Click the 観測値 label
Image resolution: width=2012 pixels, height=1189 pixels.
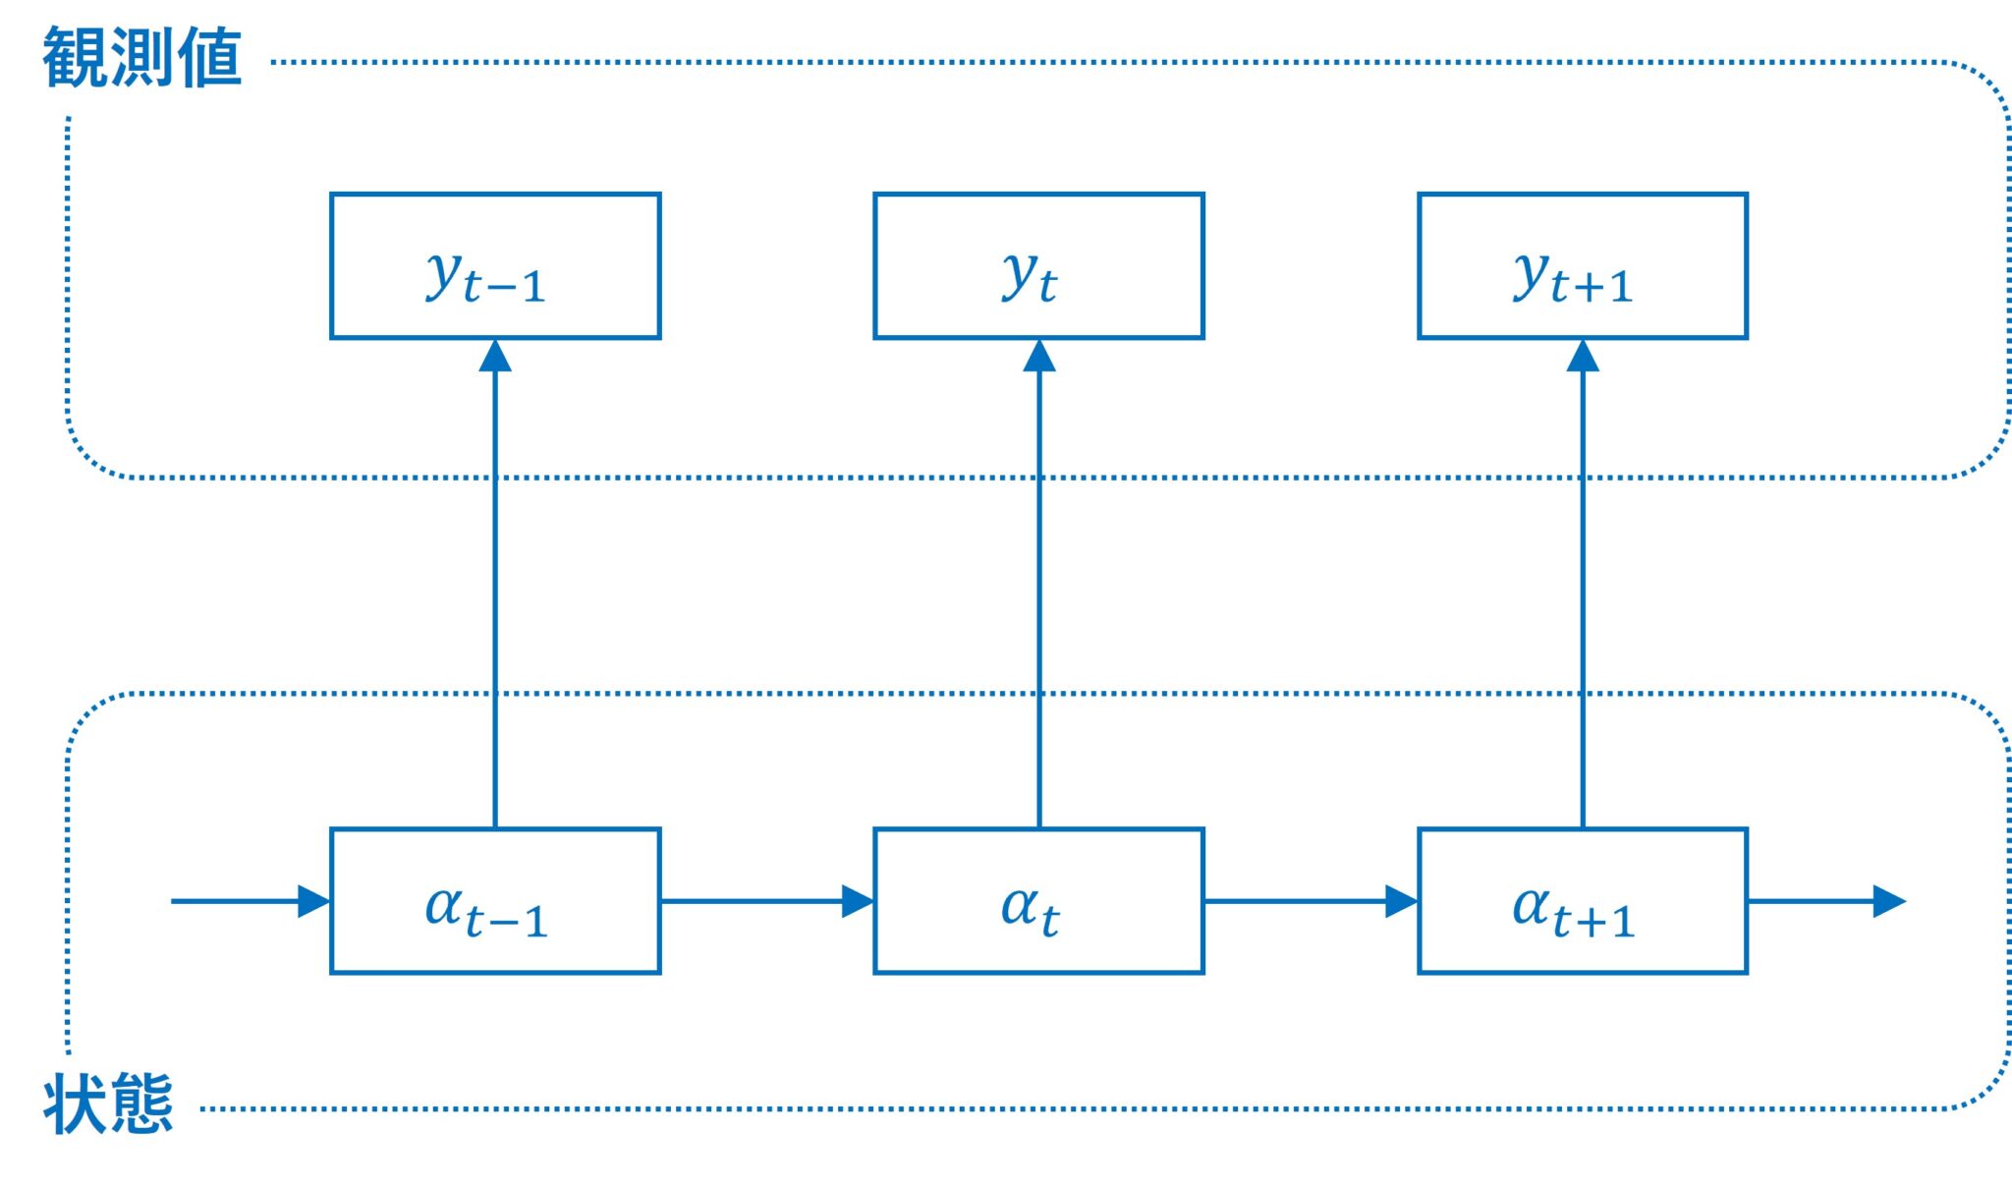coord(142,59)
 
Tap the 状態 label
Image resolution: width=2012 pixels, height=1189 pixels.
coord(108,1104)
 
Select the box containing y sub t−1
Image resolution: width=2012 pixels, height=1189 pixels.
coord(495,266)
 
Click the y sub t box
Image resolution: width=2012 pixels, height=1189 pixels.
coord(1038,266)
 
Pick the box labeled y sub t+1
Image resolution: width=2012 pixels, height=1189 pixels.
coord(1582,266)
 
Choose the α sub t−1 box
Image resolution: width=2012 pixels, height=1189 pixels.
coord(495,901)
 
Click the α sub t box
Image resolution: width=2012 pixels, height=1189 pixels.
coord(1038,901)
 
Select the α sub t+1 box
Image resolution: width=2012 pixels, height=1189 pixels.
coord(1582,901)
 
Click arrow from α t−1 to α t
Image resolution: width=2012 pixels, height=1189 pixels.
coord(766,901)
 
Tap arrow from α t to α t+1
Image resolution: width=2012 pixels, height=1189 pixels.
coord(1310,901)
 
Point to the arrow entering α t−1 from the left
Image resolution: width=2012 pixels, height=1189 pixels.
coord(251,901)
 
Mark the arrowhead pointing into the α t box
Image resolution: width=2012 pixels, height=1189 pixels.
coord(857,901)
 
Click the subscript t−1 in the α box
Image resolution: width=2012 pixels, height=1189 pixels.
coord(506,922)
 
